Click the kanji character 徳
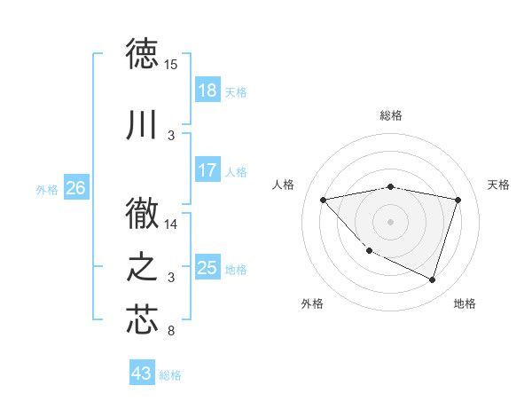coord(142,53)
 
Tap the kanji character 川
coord(142,126)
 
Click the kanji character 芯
coord(142,319)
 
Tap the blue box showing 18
coord(207,90)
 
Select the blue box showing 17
coord(207,170)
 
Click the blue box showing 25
coord(207,268)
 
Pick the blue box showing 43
coord(142,374)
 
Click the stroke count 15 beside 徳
coord(171,65)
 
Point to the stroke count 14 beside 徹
coord(171,224)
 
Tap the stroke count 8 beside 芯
coord(171,332)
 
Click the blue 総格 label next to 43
coord(170,375)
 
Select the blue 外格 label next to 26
coord(47,189)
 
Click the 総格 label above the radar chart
coord(391,115)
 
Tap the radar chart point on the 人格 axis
coord(324,200)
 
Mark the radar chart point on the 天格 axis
coord(458,200)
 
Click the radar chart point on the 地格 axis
coord(433,280)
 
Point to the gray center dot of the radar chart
coord(391,222)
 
